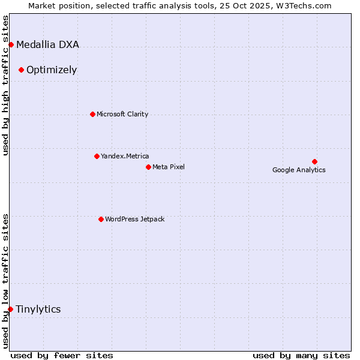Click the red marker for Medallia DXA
(x=11, y=45)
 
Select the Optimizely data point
(x=21, y=70)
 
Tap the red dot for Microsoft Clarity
(x=92, y=114)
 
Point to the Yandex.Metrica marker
(x=97, y=156)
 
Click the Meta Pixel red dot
(x=148, y=167)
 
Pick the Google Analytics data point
(x=314, y=161)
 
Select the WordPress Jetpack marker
(x=101, y=219)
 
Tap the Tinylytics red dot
(x=10, y=309)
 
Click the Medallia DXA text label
(x=47, y=44)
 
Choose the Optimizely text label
(x=52, y=70)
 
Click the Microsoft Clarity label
(x=122, y=114)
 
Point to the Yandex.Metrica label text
(x=125, y=156)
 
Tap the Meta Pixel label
(x=169, y=167)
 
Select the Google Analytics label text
(x=299, y=170)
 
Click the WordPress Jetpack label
(x=134, y=219)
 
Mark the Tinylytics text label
(x=38, y=309)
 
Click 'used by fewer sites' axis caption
(x=62, y=355)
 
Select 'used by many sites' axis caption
(x=301, y=355)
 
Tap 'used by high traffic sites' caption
(x=6, y=85)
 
